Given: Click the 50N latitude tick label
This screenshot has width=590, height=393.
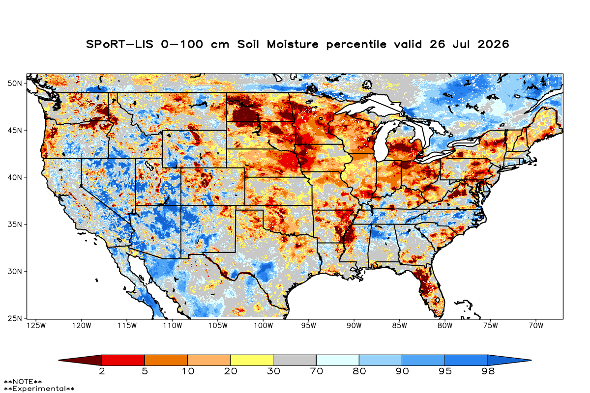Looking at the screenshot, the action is point(15,84).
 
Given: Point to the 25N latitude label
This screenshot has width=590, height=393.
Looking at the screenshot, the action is point(15,318).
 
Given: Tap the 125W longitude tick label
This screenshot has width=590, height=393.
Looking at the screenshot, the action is point(36,326).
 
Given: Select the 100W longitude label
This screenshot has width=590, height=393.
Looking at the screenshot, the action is point(264,326).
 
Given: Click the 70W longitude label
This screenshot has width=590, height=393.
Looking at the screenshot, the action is point(536,326).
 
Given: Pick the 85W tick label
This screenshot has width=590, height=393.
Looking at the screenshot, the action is point(400,326).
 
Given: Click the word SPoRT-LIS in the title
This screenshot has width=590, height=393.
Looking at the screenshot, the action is point(119,44).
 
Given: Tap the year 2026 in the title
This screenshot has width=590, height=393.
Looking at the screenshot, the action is point(493,44).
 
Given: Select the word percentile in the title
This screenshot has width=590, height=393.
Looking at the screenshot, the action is point(356,45).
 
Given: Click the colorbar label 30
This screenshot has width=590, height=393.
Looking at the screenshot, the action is point(273,371).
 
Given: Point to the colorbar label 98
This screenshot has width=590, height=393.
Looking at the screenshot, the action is point(488,371).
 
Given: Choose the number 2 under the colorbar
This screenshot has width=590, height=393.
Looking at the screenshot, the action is point(102,371).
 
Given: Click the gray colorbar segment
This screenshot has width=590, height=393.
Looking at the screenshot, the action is point(295,360).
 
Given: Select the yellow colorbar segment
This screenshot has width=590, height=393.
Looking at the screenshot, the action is point(252,360).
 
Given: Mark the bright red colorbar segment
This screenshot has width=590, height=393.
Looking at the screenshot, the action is point(123,360).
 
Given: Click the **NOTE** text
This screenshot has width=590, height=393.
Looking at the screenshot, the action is point(23,381).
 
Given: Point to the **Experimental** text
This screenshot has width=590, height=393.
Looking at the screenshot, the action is point(39,389).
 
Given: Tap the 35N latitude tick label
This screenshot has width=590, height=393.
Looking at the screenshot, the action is point(15,225).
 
